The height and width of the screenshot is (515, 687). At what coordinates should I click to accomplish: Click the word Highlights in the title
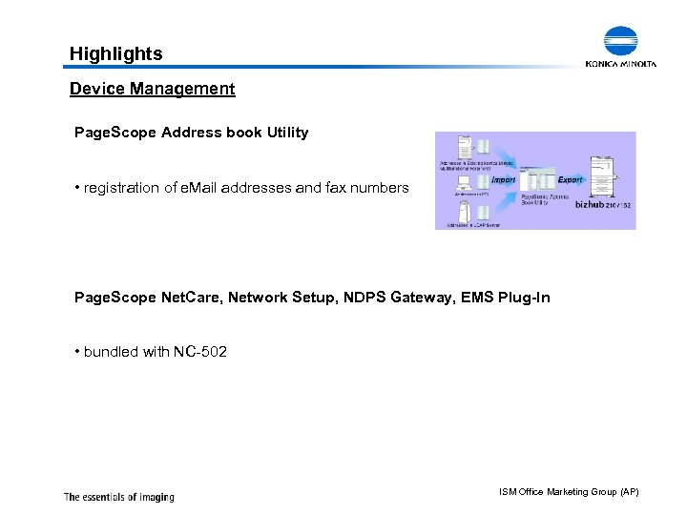click(x=115, y=54)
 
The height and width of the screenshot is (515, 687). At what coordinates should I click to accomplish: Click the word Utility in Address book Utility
click(x=287, y=133)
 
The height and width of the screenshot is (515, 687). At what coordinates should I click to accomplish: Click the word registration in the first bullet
click(x=119, y=188)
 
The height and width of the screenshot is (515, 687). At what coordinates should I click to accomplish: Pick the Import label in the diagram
click(x=503, y=179)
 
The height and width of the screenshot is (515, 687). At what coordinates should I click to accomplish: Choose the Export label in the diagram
click(x=570, y=179)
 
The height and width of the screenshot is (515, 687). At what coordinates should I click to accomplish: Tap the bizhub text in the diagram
click(x=594, y=204)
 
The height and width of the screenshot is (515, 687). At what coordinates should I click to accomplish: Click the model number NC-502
click(x=200, y=352)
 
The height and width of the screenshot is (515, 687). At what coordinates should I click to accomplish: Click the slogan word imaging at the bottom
click(x=154, y=497)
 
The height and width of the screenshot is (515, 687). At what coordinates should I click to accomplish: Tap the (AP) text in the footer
click(x=629, y=491)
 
